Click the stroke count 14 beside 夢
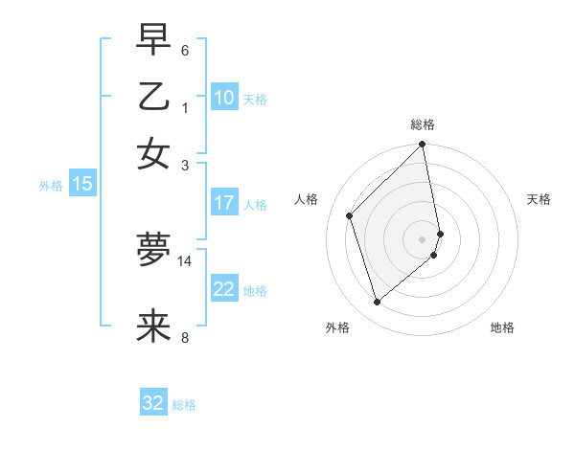pyautogui.click(x=185, y=260)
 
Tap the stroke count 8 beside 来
pyautogui.click(x=185, y=337)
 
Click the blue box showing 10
pyautogui.click(x=223, y=97)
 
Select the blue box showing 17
pyautogui.click(x=223, y=203)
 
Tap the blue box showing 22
pyautogui.click(x=223, y=289)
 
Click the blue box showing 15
pyautogui.click(x=81, y=184)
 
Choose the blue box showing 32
pyautogui.click(x=153, y=403)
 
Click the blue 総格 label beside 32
pyautogui.click(x=184, y=405)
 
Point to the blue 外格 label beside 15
pyautogui.click(x=51, y=186)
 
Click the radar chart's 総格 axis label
pyautogui.click(x=423, y=124)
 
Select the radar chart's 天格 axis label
pyautogui.click(x=539, y=199)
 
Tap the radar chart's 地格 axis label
pyautogui.click(x=502, y=327)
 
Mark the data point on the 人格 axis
pyautogui.click(x=350, y=215)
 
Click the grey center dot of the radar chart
pyautogui.click(x=423, y=238)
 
